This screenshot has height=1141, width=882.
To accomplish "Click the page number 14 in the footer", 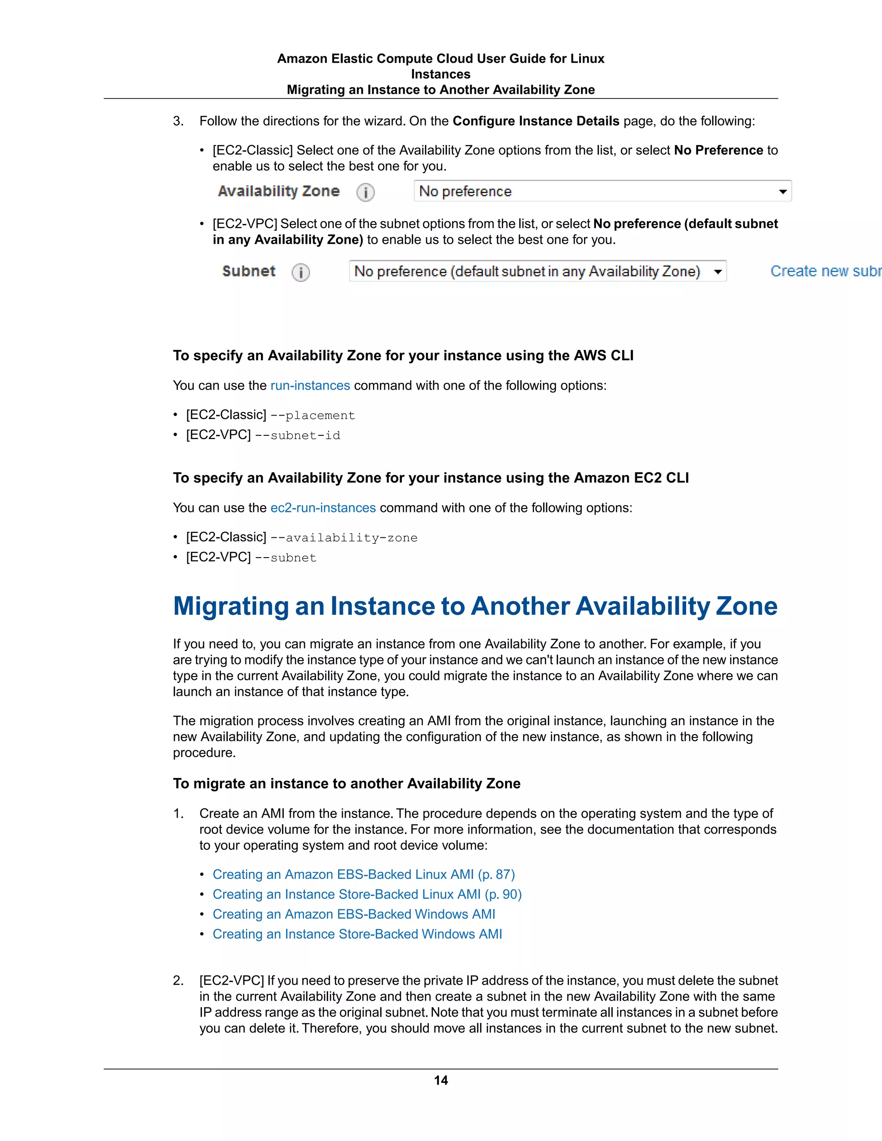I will pos(441,1080).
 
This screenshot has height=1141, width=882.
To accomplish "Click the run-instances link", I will pos(310,385).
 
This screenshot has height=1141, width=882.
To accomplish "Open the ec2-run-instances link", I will pos(323,508).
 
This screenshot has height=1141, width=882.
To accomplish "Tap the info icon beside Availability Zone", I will pos(365,192).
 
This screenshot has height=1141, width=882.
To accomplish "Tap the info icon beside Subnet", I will pos(301,272).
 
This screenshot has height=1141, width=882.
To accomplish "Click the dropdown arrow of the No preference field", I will pos(782,192).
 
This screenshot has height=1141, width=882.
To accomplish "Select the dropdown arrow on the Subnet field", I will pos(718,272).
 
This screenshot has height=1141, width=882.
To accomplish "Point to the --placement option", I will pos(313,415).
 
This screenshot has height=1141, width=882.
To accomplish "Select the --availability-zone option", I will pos(344,538).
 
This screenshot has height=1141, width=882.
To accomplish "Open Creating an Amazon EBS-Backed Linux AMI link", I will pos(363,874).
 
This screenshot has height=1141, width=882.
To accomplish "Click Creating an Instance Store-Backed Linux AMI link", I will pos(367,894).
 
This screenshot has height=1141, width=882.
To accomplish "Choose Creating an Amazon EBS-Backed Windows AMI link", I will pos(354,914).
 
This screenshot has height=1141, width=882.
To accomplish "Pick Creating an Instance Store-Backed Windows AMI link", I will pos(357,934).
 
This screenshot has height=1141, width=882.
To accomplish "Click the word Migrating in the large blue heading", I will pos(230,606).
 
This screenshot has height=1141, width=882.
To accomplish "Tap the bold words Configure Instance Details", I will pos(536,121).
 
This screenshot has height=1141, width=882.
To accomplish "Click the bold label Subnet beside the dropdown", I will pos(249,271).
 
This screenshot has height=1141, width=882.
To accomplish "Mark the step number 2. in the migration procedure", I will pos(178,980).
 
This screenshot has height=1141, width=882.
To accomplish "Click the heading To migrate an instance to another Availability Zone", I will pos(346,784).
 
